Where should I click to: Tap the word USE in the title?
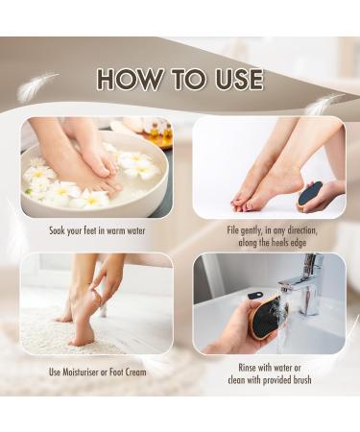(x=230, y=79)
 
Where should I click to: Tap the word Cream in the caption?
(x=134, y=372)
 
